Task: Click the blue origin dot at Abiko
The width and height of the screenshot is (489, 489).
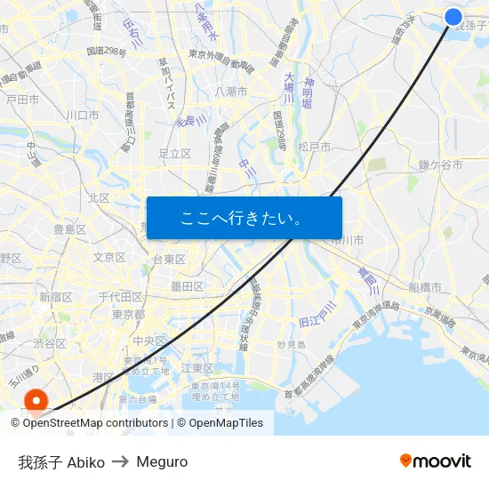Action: tap(453, 17)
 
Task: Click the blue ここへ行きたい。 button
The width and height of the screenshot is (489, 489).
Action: tap(244, 218)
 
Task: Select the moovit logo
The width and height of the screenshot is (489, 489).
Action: tap(435, 461)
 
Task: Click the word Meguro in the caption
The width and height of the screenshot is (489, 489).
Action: tap(162, 461)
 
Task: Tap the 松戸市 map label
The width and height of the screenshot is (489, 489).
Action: tap(315, 147)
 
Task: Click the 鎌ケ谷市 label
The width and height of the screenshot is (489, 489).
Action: tap(440, 165)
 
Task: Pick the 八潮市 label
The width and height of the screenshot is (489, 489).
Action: tap(230, 92)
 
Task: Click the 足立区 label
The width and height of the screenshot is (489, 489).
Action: tap(174, 154)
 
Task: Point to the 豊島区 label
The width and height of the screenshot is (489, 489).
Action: tap(69, 229)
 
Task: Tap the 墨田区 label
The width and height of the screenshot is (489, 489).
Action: tap(188, 286)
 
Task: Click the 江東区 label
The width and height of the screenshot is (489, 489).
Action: tap(196, 367)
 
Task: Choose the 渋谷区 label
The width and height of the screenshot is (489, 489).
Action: tap(50, 343)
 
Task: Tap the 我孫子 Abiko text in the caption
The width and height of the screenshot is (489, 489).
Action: tap(61, 461)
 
